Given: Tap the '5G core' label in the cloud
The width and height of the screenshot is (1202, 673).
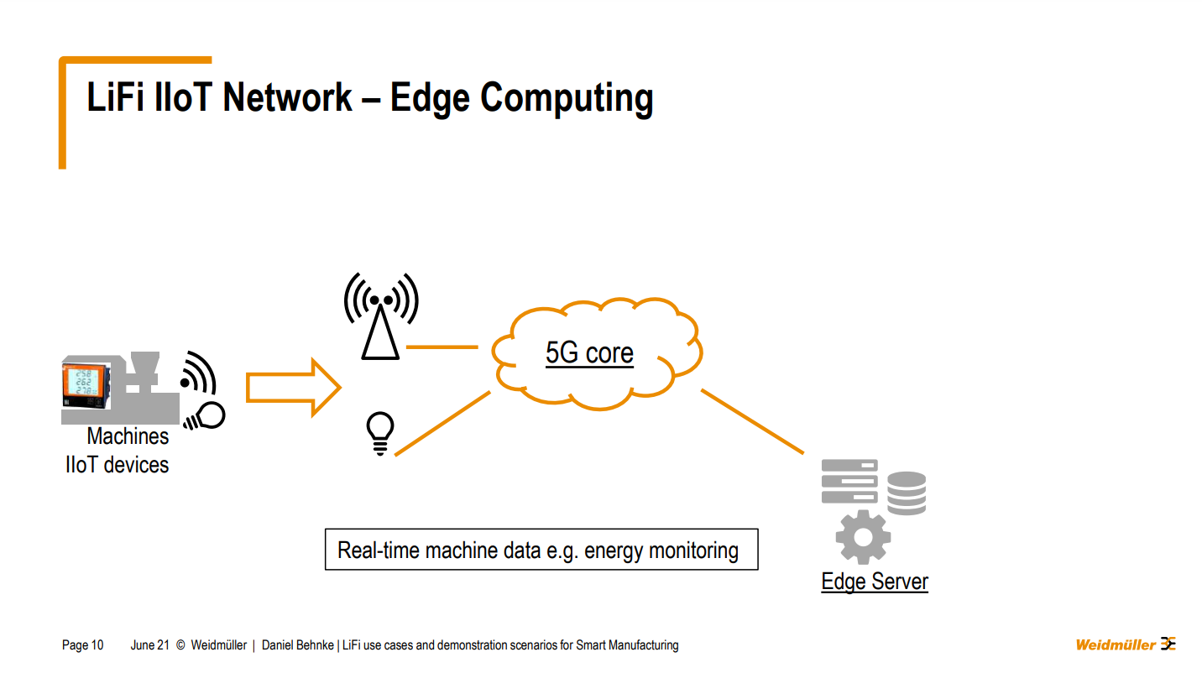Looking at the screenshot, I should tap(589, 353).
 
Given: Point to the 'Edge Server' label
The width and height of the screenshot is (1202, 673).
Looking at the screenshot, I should tap(875, 582).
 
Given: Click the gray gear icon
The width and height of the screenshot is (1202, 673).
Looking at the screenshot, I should tap(863, 536).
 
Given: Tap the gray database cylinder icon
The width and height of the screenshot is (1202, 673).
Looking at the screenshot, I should tap(907, 493).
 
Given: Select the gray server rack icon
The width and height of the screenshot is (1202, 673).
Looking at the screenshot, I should tap(849, 482).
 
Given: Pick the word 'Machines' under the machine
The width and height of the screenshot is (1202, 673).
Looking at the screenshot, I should tap(128, 436).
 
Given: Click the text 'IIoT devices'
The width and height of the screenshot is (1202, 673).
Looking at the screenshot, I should tap(117, 465).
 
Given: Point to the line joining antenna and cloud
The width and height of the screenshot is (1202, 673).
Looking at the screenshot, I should tap(442, 347).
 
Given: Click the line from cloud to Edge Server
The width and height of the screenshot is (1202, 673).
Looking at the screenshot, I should tap(752, 422).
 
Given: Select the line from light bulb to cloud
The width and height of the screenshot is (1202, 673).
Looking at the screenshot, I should tap(442, 424).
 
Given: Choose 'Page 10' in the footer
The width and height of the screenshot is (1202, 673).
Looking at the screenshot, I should tap(83, 645).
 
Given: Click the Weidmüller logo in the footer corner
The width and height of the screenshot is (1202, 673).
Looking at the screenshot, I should tap(1126, 644).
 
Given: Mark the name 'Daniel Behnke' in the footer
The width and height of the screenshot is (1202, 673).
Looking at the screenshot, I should tap(299, 645).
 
